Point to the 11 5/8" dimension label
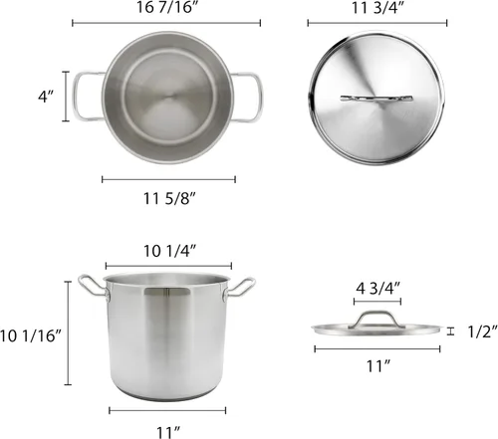tap(169, 196)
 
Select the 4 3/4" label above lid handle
tap(377, 288)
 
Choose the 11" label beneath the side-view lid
tap(377, 366)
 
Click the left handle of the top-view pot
tap(84, 98)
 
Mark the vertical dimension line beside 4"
tap(68, 98)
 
